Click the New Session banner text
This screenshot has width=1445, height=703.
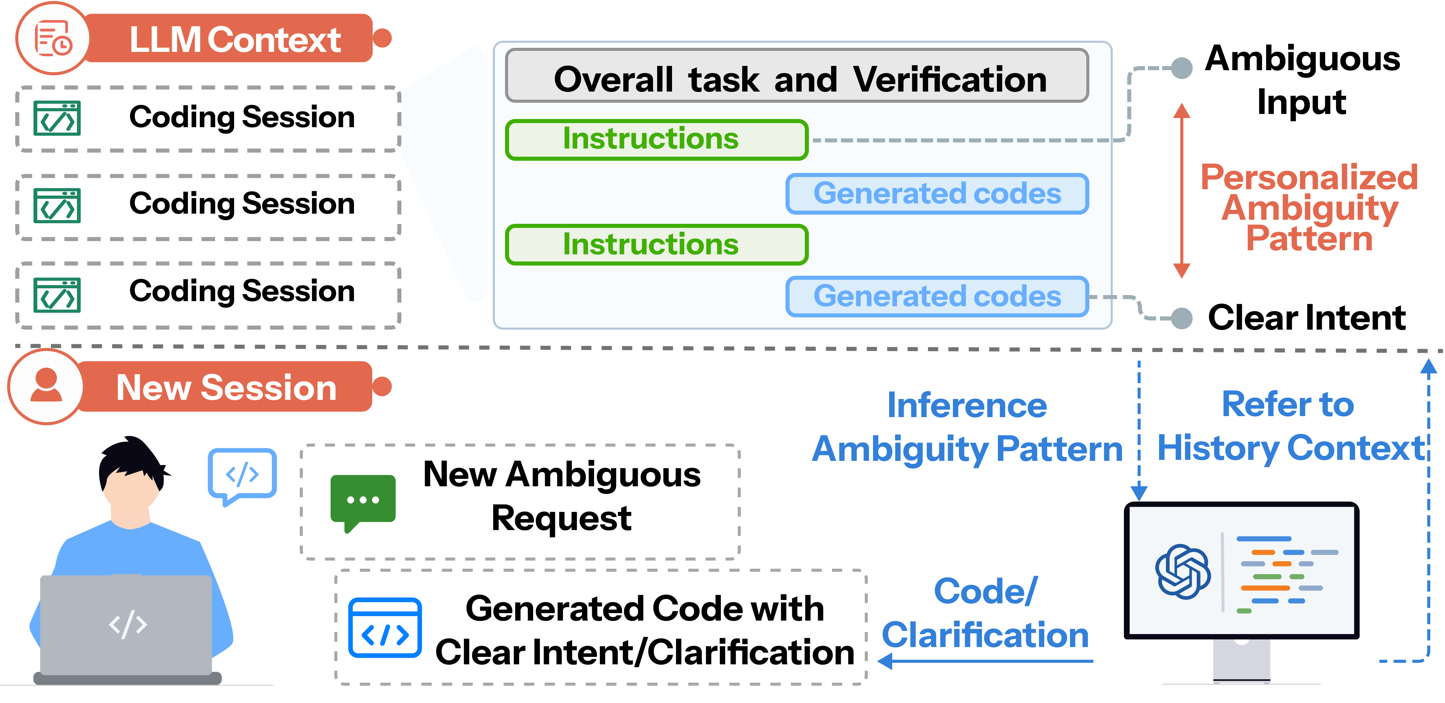[x=227, y=387]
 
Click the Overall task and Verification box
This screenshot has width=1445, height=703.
[x=797, y=76]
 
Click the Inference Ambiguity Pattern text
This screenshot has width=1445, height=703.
[x=967, y=427]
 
